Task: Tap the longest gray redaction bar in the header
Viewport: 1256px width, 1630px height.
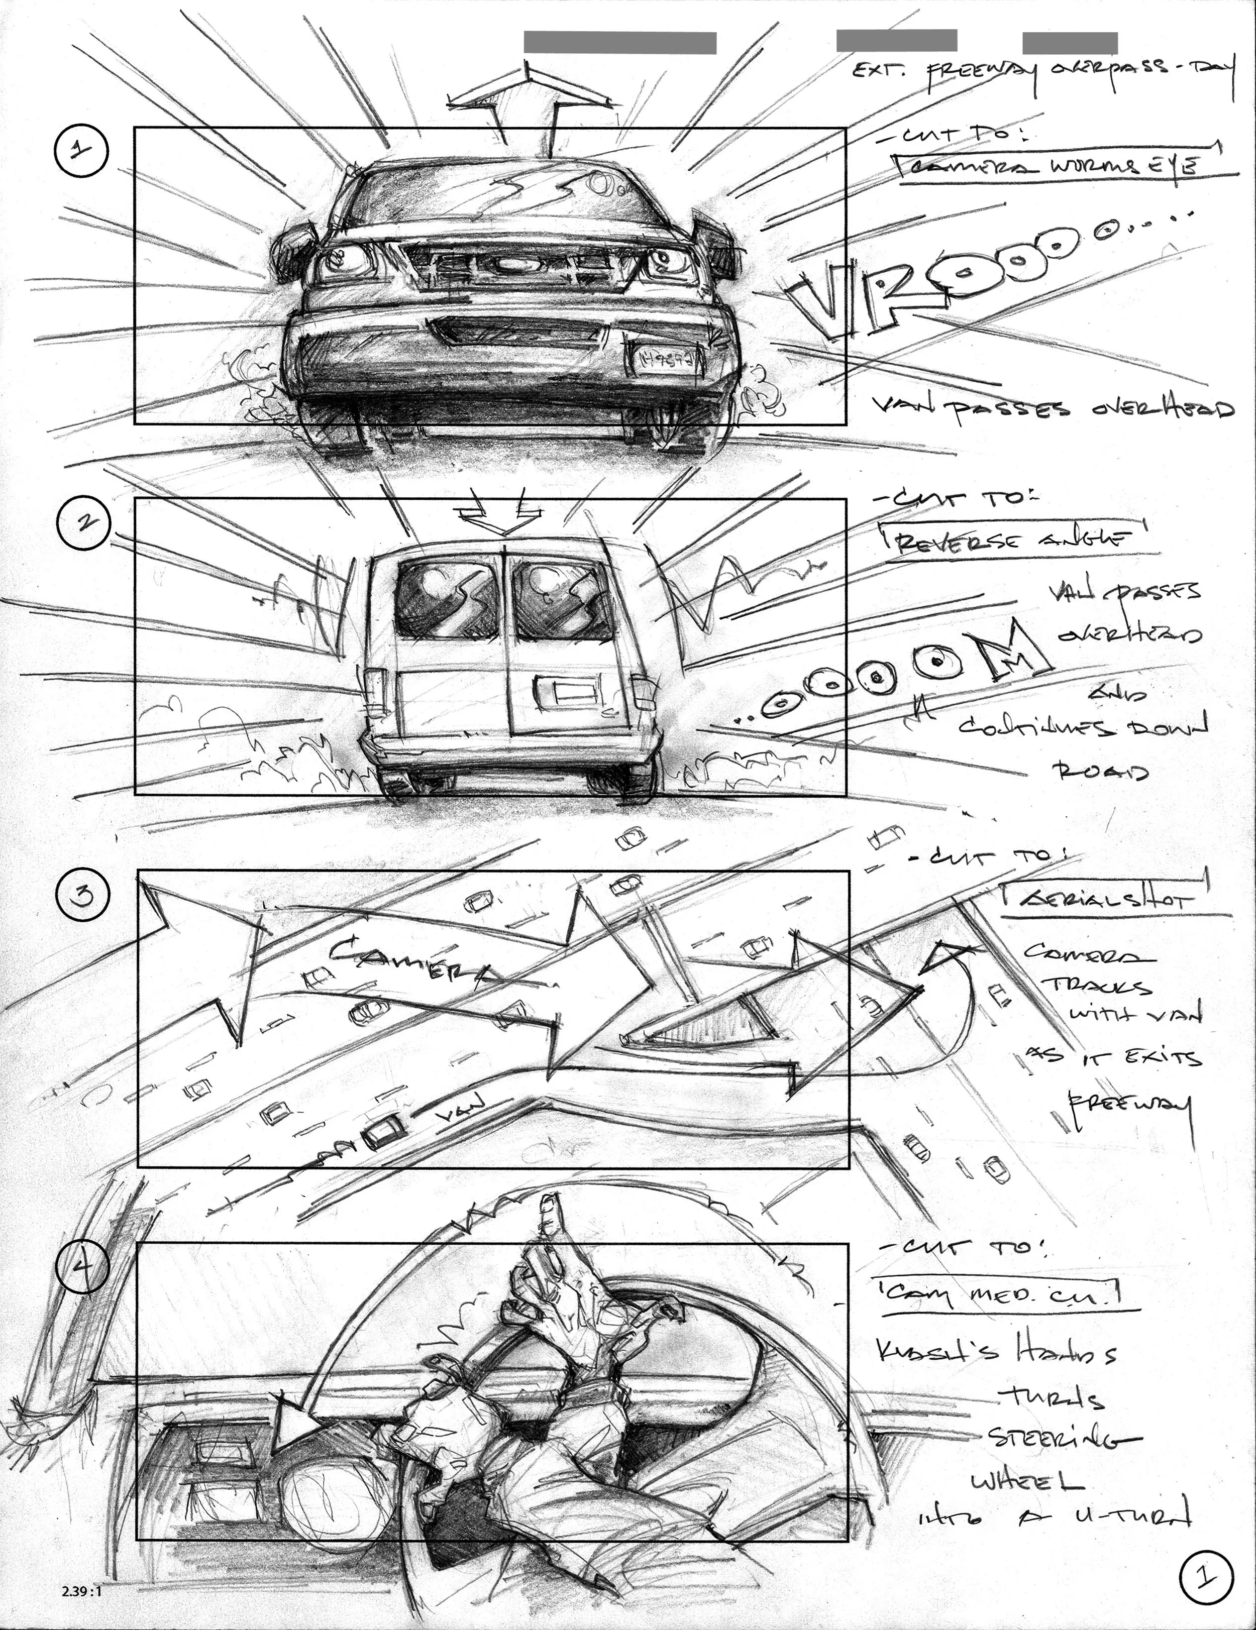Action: click(620, 43)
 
